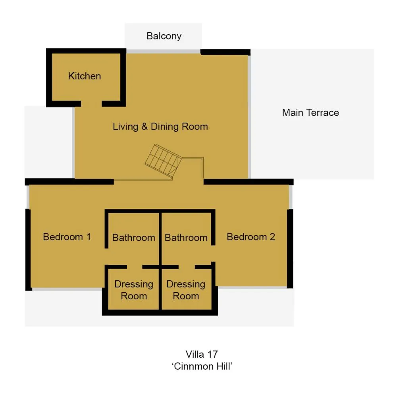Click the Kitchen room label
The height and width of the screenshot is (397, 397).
(x=85, y=76)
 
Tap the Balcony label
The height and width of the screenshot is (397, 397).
(x=164, y=36)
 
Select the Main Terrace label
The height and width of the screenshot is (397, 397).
(x=310, y=113)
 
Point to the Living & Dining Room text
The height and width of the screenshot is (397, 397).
(x=160, y=127)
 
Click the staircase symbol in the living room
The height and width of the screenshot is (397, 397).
(x=163, y=160)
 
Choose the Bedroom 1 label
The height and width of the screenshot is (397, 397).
(x=67, y=237)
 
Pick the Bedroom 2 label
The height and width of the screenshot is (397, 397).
(x=251, y=237)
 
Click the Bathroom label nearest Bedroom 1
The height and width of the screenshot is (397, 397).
(x=134, y=238)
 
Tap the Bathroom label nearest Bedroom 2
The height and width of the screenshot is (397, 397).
(x=186, y=238)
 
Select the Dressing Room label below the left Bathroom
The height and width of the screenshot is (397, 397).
(x=134, y=290)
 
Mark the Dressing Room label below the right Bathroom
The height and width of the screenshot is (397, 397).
(x=186, y=290)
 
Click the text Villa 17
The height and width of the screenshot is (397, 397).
(x=202, y=355)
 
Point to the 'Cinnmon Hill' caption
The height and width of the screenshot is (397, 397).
(x=202, y=366)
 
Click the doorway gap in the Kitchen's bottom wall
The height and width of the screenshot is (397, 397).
(x=91, y=104)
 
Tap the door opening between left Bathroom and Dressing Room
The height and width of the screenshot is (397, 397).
(x=135, y=267)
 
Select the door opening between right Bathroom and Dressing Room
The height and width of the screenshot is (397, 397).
(x=187, y=267)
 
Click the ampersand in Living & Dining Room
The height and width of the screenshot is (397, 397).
(x=145, y=127)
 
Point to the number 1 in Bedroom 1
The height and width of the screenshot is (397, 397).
(x=89, y=237)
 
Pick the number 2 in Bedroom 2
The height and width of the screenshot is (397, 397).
(x=272, y=237)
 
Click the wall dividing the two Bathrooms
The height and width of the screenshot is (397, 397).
(x=160, y=239)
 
